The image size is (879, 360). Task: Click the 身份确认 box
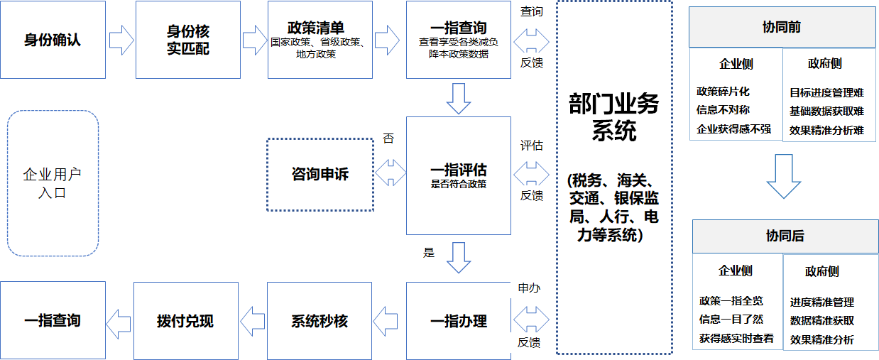tap(53, 40)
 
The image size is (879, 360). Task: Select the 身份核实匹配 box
tap(187, 40)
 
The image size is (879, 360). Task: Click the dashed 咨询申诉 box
tap(320, 174)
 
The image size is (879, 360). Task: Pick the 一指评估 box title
tap(458, 171)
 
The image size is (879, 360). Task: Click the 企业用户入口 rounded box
tap(53, 183)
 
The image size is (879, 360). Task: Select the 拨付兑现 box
tap(185, 321)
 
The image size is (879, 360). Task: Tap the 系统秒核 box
tap(320, 321)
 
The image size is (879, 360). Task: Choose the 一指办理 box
tap(458, 321)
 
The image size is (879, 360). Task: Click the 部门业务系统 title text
tap(614, 117)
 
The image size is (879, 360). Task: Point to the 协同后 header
tap(785, 236)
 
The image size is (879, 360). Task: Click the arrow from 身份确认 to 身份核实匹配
tap(121, 40)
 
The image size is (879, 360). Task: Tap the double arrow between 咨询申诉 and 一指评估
tap(390, 172)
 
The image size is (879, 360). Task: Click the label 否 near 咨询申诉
tap(388, 138)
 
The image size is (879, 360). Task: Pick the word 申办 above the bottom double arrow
tap(529, 288)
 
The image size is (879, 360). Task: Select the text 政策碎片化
tap(723, 92)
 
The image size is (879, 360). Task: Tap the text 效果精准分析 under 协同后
tap(822, 339)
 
